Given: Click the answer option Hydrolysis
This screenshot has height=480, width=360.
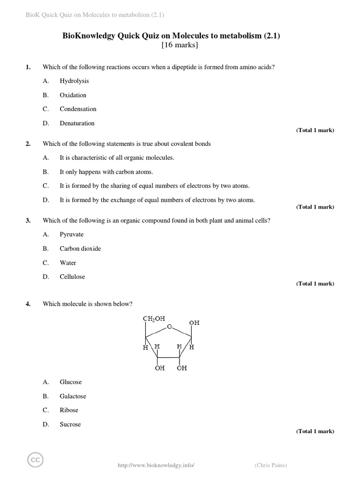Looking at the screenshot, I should tap(74, 81).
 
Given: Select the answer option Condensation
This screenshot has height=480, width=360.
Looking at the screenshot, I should tap(78, 109).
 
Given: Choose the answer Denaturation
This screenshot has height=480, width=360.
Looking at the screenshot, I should tap(77, 123).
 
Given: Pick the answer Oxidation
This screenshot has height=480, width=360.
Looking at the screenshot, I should tap(73, 95).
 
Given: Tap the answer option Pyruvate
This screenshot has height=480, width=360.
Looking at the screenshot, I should tap(71, 234).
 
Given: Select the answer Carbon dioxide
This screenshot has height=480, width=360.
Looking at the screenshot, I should tap(80, 248).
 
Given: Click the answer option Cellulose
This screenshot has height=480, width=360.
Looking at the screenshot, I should tap(72, 277).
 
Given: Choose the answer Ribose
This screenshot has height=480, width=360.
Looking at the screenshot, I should tap(69, 410).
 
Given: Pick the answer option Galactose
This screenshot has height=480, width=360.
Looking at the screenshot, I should tap(73, 396).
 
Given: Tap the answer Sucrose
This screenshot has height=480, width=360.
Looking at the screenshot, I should tap(70, 424).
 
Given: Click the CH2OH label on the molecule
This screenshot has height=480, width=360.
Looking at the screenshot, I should tap(154, 319).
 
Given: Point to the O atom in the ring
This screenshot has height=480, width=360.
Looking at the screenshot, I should tap(169, 327).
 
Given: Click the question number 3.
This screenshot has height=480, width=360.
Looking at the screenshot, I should tap(28, 220).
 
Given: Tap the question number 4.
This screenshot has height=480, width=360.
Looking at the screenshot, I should tap(28, 304).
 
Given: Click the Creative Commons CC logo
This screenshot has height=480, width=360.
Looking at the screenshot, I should tap(35, 460).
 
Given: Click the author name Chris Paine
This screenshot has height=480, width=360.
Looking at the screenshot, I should tap(271, 465).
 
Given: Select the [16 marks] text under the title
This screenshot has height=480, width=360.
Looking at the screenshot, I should tap(180, 45).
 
